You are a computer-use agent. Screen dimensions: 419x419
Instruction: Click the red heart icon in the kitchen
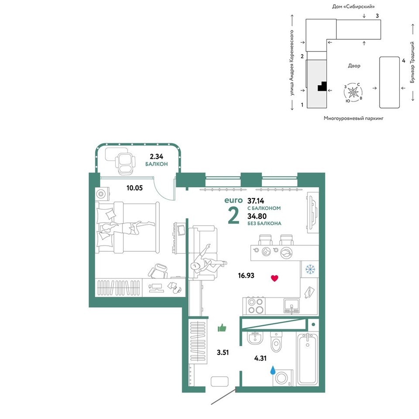pos(275,278)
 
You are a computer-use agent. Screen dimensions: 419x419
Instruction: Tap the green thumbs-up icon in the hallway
pos(222,327)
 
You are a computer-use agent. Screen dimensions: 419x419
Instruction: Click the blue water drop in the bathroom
pos(273,370)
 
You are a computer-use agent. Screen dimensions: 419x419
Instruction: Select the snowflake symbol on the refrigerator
pos(310,269)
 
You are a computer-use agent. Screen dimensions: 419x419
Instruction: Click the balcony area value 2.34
pos(156,156)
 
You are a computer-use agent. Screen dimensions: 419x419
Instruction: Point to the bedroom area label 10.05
pos(134,188)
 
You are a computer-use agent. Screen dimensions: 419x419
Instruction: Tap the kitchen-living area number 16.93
pos(246,275)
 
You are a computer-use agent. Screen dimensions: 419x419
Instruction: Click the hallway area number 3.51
pos(223,353)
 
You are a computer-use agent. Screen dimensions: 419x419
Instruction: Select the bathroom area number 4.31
pos(260,358)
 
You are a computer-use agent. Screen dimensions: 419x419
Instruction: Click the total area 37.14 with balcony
pos(256,200)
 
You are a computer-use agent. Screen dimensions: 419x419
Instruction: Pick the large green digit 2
pos(234,216)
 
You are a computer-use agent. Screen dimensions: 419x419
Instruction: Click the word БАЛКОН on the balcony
pos(157,164)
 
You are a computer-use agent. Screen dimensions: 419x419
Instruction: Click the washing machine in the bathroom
pos(283,378)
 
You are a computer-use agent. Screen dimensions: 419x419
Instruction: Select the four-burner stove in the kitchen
pos(256,306)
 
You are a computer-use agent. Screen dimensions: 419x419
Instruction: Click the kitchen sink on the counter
pos(292,306)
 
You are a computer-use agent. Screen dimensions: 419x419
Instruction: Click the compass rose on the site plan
pos(353,92)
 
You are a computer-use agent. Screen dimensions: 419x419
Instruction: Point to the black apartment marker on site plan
pos(322,86)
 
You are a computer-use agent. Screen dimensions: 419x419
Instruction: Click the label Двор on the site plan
pos(354,66)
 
